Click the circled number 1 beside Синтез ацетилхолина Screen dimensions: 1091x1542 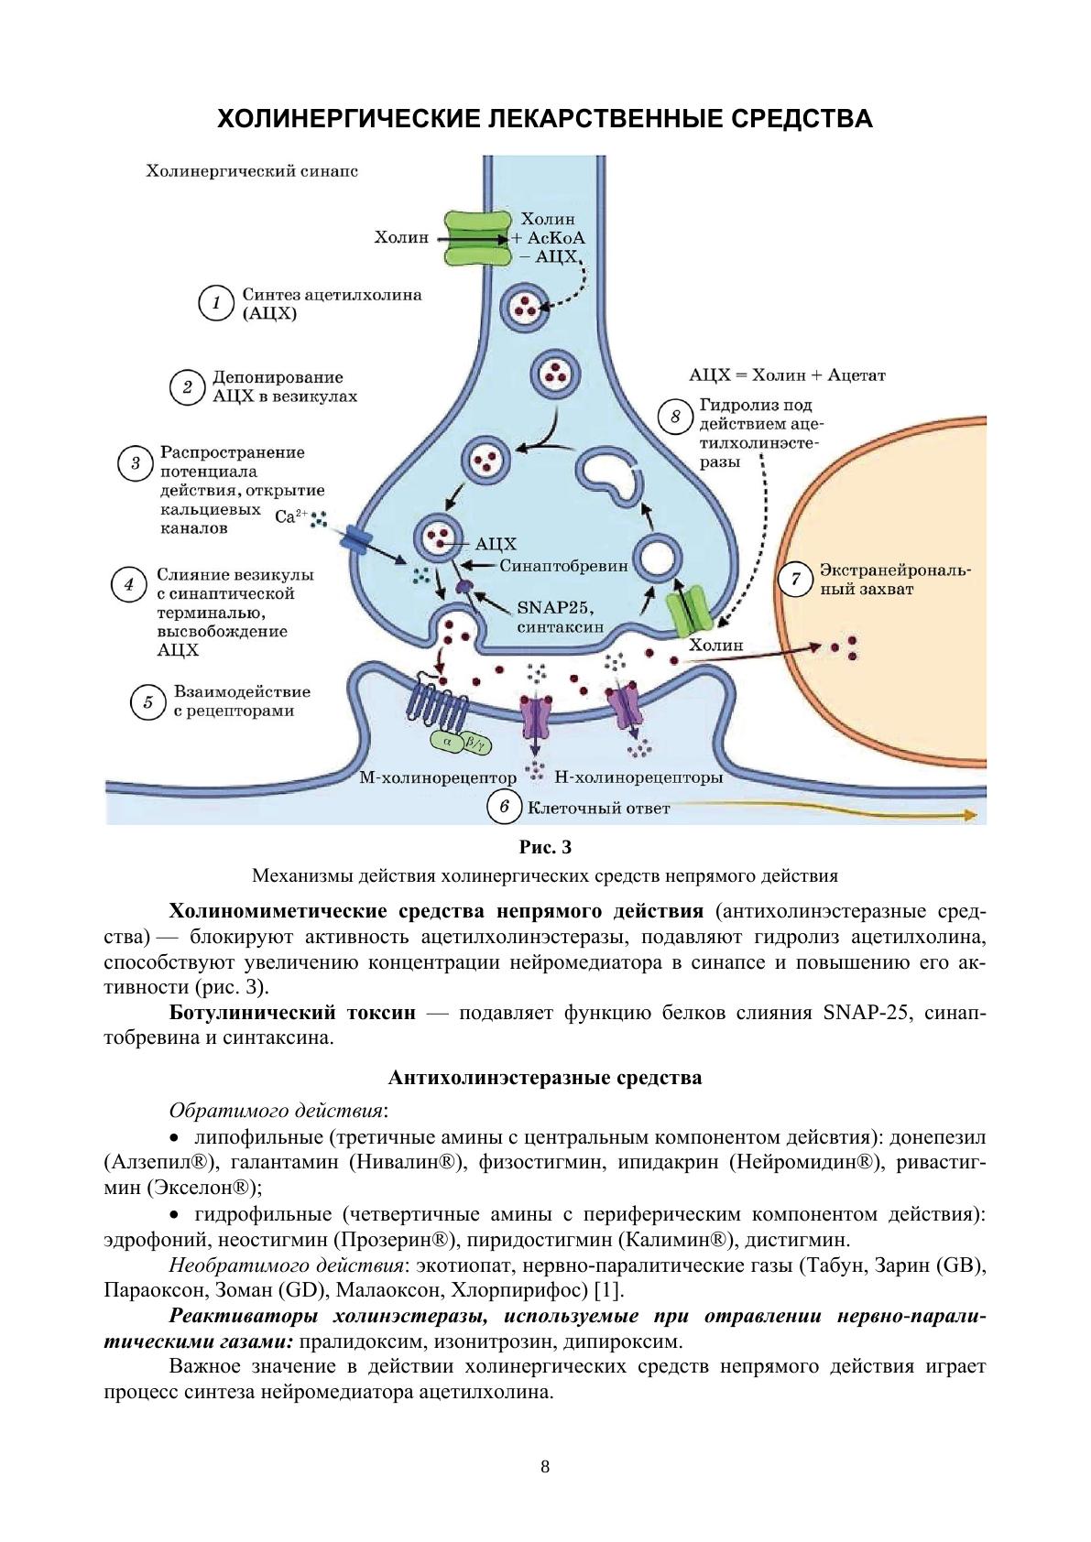(216, 303)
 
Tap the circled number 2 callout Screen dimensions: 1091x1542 (188, 387)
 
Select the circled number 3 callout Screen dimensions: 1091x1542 (135, 462)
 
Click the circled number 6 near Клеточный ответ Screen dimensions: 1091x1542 (504, 806)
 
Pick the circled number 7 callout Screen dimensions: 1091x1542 (795, 579)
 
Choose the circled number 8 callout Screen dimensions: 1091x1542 (675, 417)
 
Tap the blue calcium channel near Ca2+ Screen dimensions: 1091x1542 (355, 538)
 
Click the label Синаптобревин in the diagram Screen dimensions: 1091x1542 (564, 566)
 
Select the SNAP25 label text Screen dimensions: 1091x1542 (554, 608)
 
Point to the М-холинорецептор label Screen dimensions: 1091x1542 (438, 778)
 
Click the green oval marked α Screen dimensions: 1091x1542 (447, 741)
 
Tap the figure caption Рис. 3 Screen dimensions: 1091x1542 (546, 847)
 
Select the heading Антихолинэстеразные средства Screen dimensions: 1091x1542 (546, 1078)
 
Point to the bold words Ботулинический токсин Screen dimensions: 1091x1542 (293, 1013)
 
